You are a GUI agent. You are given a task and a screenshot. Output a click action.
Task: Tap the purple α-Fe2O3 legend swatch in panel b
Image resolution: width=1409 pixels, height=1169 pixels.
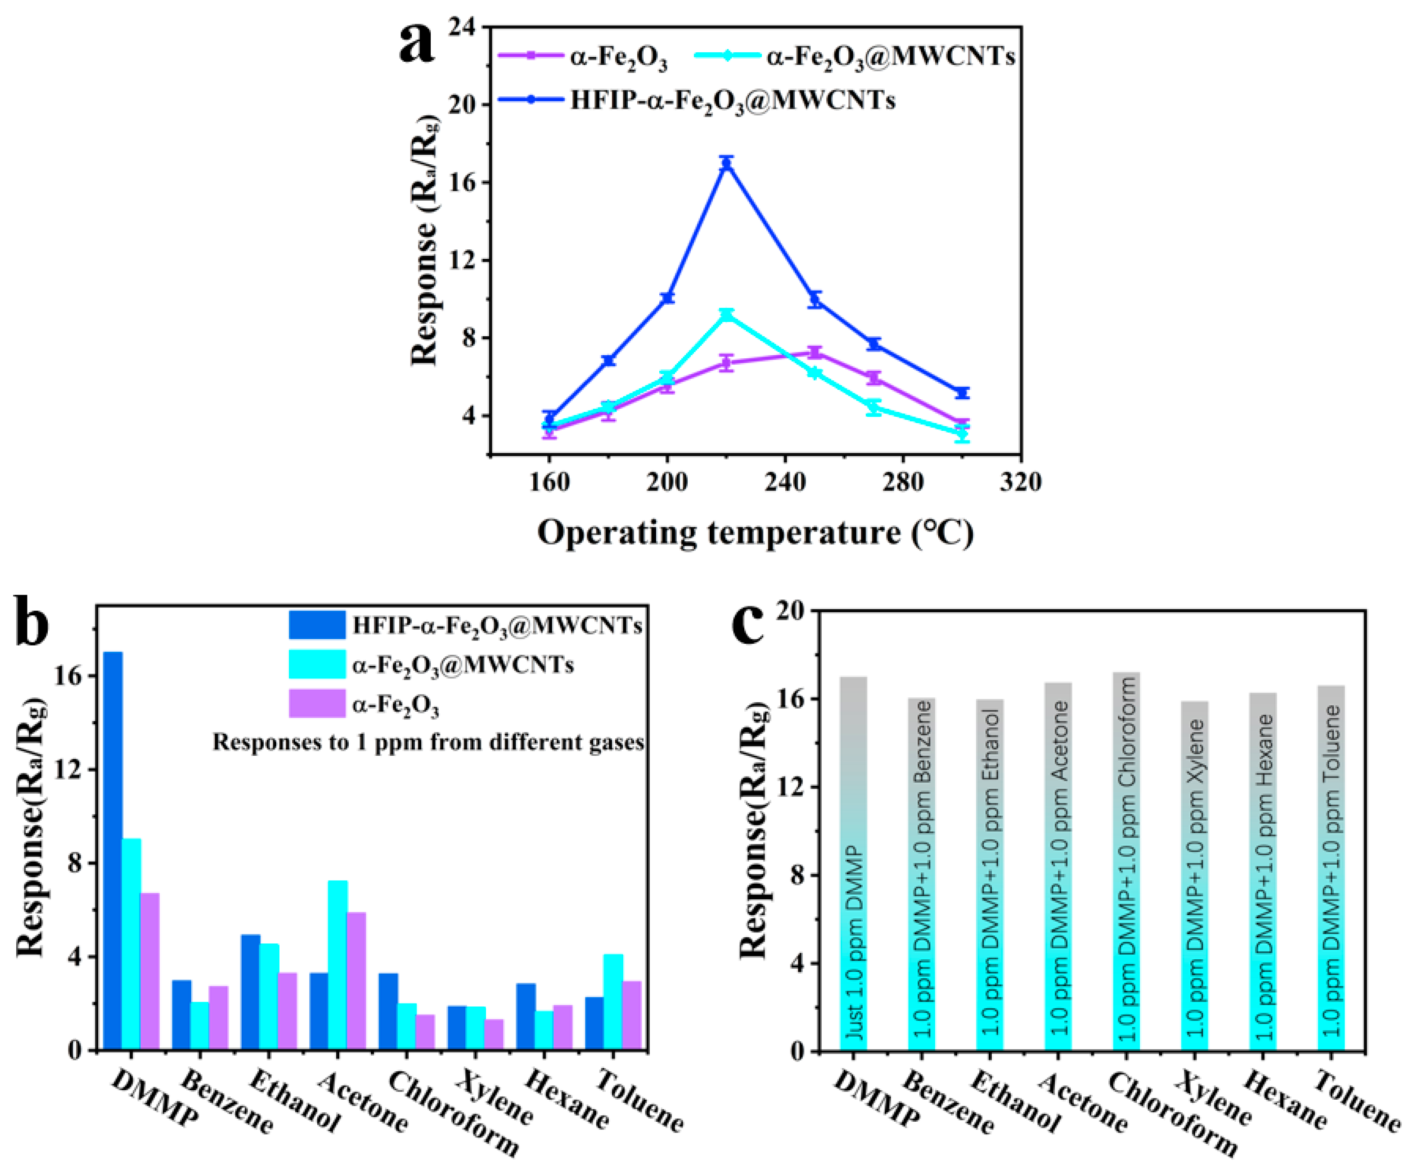[317, 704]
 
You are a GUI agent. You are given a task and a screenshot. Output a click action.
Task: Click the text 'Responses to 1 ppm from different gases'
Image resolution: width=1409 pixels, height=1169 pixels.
[428, 743]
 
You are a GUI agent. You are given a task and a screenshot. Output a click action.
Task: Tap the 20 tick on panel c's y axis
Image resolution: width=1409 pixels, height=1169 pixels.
[792, 611]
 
